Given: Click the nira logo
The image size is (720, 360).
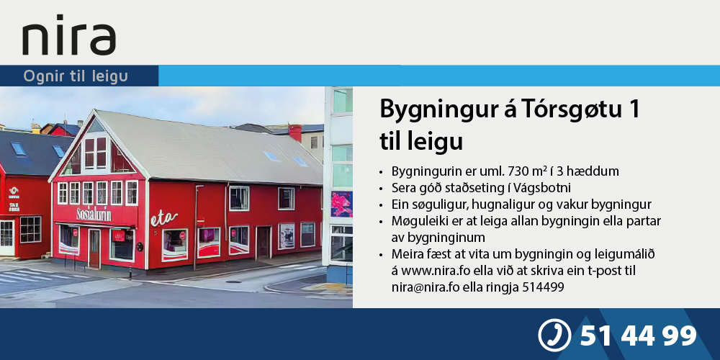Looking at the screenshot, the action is pos(69,36).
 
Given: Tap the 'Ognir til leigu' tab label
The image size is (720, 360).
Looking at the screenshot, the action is pos(76,76).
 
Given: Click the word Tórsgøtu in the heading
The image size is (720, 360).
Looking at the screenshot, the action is pos(551,111).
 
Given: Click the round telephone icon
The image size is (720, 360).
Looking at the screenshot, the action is pos(554,336).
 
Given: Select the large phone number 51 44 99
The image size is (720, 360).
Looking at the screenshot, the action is pos(638,336).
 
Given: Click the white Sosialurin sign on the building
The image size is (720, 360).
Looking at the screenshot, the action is pos(94,214).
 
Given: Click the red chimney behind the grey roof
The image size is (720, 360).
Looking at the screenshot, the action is pos(294,132).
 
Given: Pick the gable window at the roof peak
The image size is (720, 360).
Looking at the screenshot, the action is pos(96,153).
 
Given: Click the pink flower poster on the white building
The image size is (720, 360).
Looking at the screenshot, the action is pos(341,204).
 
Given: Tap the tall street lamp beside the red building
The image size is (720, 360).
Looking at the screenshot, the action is pos(197,227).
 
